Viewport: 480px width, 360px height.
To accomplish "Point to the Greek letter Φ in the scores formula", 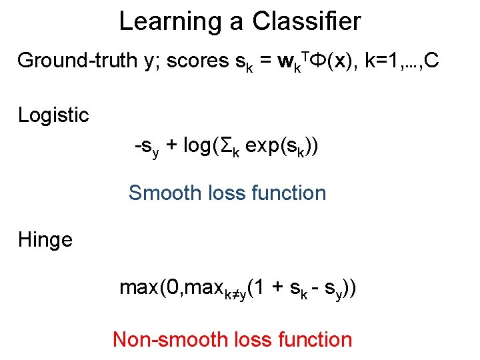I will (319, 61).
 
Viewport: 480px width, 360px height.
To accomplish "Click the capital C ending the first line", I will (431, 61).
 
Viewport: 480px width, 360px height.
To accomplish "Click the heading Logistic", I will (53, 115).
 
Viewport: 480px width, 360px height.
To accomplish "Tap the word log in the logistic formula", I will (198, 146).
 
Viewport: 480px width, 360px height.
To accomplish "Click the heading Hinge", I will (45, 239).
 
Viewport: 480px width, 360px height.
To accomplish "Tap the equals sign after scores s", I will (265, 61).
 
